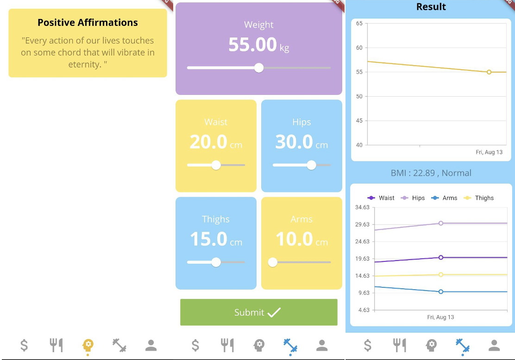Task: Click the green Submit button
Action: coord(258,312)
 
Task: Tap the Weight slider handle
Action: coord(259,68)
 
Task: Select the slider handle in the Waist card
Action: coord(216,165)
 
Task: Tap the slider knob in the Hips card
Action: coord(311,165)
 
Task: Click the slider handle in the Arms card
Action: coord(273,262)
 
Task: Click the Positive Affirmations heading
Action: coord(88,23)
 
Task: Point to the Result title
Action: coord(431,7)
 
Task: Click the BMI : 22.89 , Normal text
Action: coord(431,173)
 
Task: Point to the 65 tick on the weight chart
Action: coord(359,23)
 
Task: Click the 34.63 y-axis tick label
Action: coord(362,207)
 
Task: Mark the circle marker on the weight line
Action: coord(489,72)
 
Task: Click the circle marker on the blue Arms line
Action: coord(441,292)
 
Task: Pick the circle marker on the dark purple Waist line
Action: coord(441,257)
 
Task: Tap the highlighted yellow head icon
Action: coord(88,345)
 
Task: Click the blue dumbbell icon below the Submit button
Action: coord(291,346)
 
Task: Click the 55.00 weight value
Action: coord(252,45)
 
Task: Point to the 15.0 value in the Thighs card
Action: coord(209,239)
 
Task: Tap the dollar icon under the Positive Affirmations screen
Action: coord(24,345)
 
